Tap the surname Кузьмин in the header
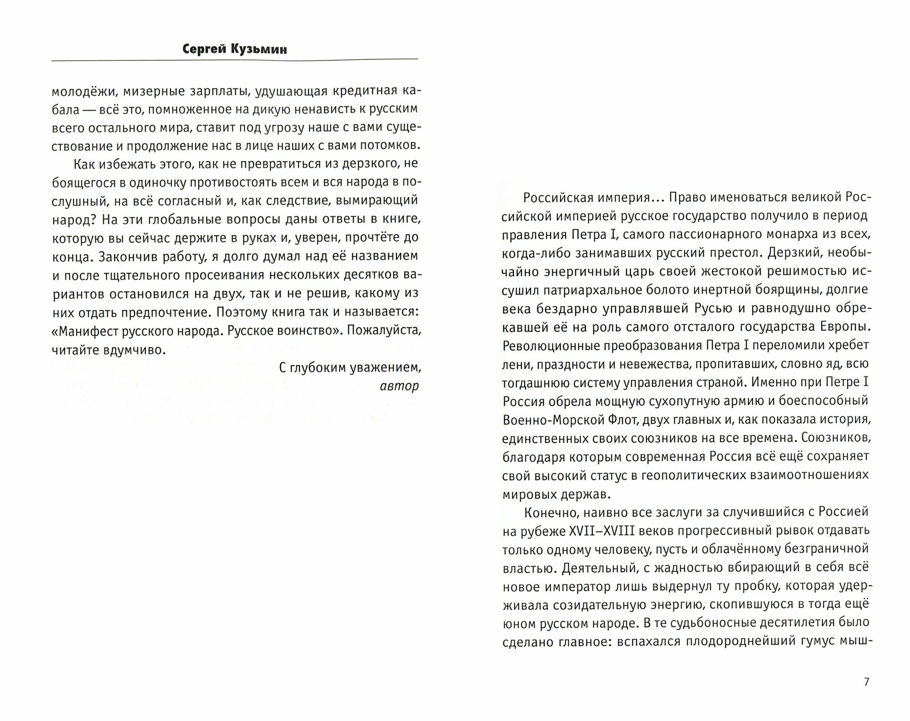tap(260, 49)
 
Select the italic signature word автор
tap(399, 386)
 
